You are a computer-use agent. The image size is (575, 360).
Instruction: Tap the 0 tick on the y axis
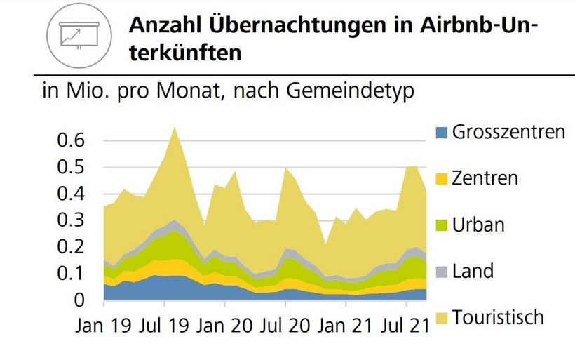79,300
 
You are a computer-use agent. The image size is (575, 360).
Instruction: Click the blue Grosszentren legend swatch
440,132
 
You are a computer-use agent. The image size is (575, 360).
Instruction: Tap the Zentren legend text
485,178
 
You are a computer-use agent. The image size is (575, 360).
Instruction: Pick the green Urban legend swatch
440,225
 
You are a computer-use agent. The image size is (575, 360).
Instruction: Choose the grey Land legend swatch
440,272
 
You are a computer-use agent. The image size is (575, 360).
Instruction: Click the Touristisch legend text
498,317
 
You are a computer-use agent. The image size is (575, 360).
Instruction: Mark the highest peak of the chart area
174,127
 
